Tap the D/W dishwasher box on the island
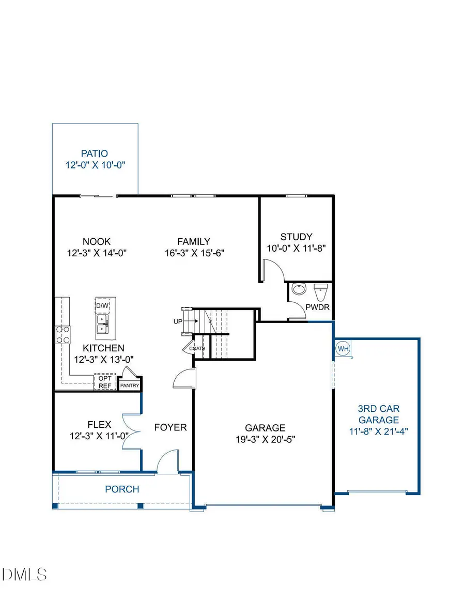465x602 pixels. point(102,306)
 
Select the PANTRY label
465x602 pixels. point(130,385)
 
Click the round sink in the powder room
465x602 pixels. point(299,289)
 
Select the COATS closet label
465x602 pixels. point(197,348)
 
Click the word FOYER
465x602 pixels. point(171,427)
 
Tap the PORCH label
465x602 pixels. point(122,489)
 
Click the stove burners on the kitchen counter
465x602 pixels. point(63,334)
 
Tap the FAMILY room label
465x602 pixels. point(194,241)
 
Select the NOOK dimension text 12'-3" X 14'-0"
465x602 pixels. point(97,253)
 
